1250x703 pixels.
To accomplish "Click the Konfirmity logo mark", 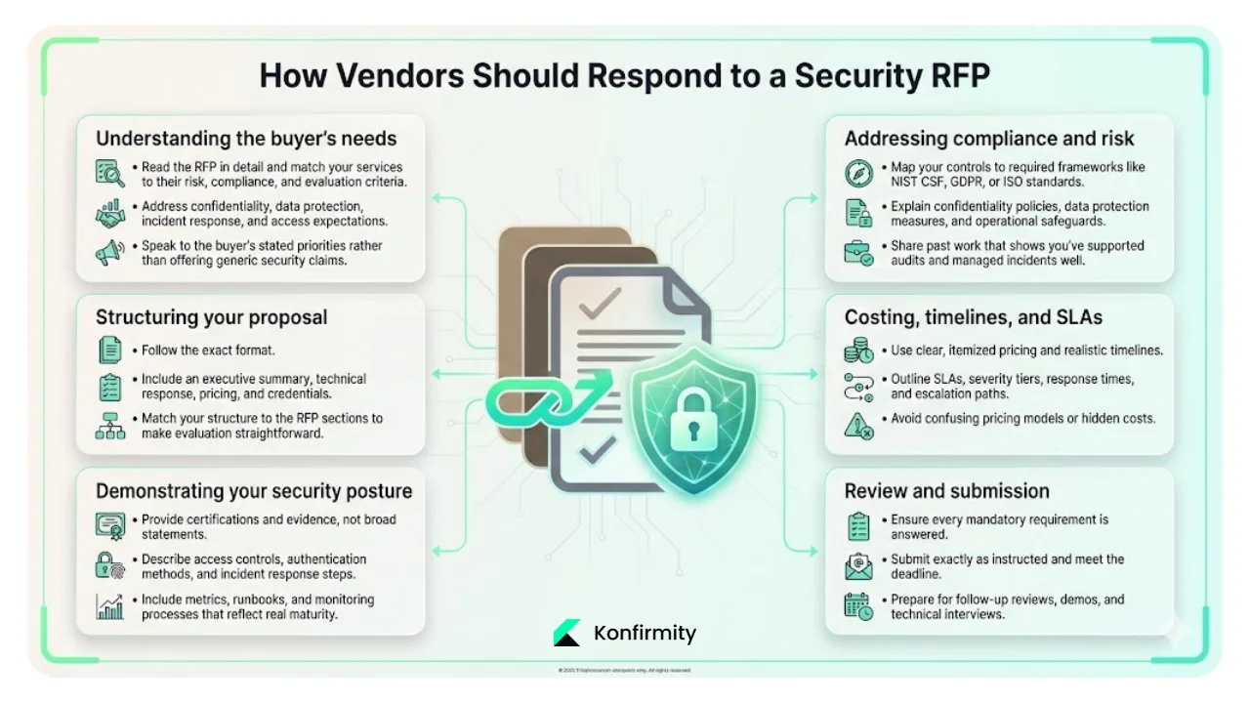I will pos(566,633).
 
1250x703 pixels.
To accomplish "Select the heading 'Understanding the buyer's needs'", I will pos(246,138).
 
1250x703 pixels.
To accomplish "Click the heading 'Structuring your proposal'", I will pos(212,317).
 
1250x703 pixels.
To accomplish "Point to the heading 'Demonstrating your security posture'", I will pos(254,491).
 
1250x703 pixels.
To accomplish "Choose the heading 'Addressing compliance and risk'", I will pos(989,138).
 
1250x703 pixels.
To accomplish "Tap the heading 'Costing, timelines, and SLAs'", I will pos(973,317).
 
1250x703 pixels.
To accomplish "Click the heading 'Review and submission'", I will pos(946,491).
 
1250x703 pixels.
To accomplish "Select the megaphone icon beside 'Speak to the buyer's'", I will pos(109,253).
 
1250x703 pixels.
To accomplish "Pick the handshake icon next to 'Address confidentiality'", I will pos(109,214).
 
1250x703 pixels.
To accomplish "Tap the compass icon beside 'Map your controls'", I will pos(858,174).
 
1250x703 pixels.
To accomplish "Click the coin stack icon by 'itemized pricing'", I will pos(858,351).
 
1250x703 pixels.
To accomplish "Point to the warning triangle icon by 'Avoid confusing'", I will pos(858,426).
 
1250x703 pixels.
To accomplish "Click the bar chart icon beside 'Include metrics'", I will pos(109,607).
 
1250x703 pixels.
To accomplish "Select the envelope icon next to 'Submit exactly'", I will pos(858,566).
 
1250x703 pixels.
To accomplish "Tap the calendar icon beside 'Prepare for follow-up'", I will pos(858,606).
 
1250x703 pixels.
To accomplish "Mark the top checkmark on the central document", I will pos(597,308).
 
